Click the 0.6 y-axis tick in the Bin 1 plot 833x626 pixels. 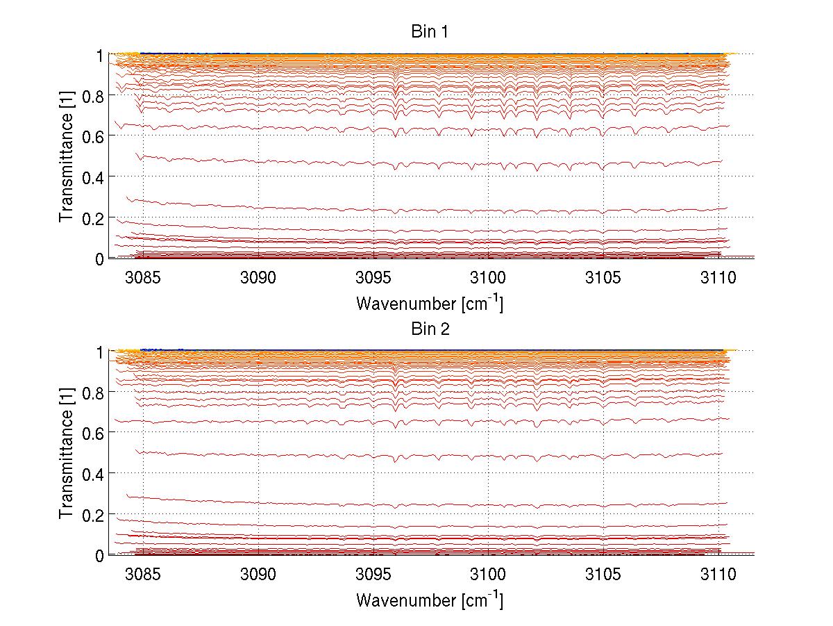(x=94, y=136)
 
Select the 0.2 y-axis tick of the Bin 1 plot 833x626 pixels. (x=94, y=217)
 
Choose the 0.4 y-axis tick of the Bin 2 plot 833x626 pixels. (x=94, y=474)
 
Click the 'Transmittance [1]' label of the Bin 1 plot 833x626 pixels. (x=66, y=156)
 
